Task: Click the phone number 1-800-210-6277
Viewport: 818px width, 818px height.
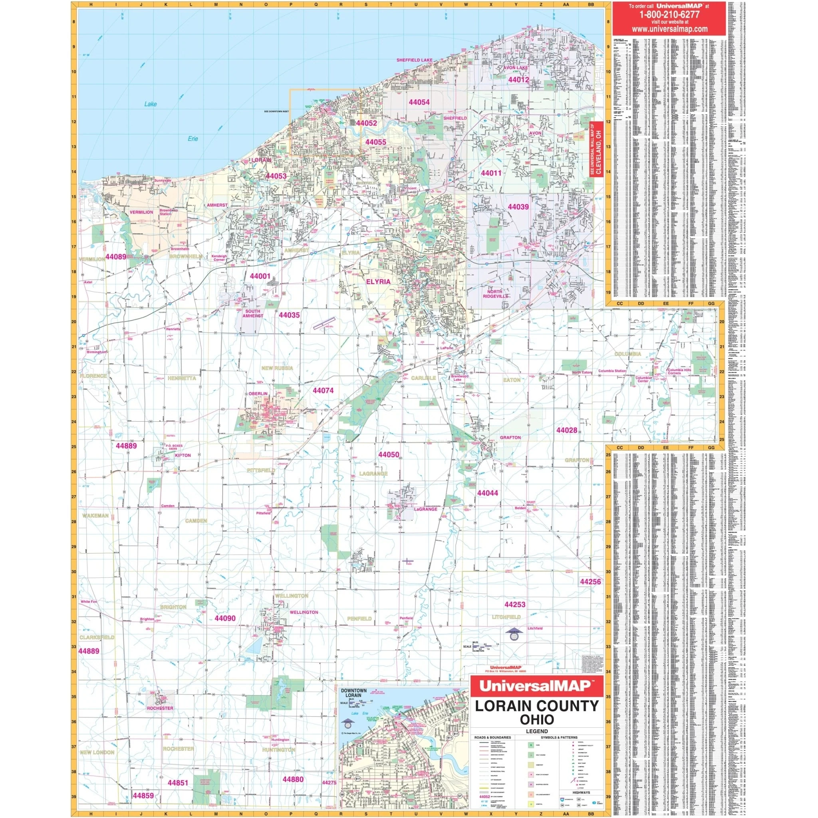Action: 669,14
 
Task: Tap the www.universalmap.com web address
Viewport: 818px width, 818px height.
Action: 669,29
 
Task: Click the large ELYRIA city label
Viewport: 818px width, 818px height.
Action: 378,281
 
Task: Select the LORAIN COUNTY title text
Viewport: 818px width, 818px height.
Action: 537,706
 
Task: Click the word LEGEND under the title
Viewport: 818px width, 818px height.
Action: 537,731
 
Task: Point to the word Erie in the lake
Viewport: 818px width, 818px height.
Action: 193,139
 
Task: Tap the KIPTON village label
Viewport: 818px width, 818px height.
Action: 183,455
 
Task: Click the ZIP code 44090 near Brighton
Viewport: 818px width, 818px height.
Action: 225,618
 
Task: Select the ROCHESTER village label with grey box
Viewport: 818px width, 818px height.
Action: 160,708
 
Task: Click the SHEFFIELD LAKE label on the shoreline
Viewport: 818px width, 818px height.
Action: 414,60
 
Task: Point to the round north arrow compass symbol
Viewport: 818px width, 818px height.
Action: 514,635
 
